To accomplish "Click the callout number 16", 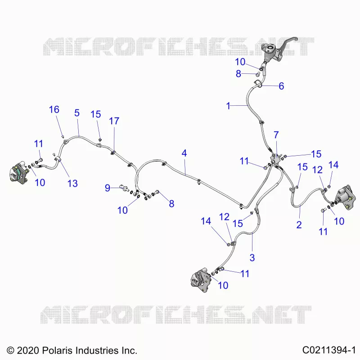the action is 54,109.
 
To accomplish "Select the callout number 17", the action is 114,121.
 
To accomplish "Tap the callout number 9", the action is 108,188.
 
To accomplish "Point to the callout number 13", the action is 72,183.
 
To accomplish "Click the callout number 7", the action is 276,135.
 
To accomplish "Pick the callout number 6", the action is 281,86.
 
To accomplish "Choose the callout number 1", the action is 228,106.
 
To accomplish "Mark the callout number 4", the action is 184,153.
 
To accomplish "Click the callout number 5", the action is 77,113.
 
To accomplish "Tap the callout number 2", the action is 299,225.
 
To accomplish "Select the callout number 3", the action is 252,257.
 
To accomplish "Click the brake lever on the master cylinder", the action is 290,41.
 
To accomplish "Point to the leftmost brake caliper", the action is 19,173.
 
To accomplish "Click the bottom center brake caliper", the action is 200,279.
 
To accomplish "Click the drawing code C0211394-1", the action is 329,350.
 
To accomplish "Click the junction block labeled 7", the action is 275,160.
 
